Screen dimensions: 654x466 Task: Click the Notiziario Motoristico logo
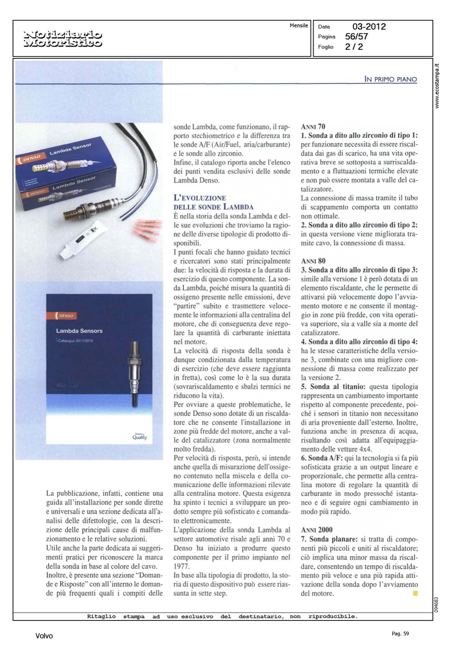tap(64, 38)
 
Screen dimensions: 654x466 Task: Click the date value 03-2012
tap(369, 27)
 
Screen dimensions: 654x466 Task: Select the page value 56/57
tap(356, 37)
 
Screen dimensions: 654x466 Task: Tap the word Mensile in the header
tap(299, 26)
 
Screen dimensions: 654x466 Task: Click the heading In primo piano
tap(391, 79)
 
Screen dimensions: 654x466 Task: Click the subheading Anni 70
tap(313, 127)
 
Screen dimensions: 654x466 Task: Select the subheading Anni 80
tap(313, 261)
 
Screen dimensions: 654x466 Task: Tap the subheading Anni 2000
tap(316, 530)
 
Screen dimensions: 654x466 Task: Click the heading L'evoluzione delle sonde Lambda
tap(213, 202)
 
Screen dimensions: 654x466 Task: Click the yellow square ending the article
tap(415, 593)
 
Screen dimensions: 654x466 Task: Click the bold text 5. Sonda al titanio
tap(333, 387)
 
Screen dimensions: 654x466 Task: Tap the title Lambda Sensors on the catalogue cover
tap(79, 331)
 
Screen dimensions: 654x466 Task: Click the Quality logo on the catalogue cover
tap(140, 436)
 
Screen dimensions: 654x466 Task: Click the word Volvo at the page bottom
tap(44, 636)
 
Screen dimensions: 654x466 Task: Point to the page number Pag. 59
tap(400, 634)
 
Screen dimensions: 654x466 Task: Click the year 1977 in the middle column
tap(181, 566)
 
